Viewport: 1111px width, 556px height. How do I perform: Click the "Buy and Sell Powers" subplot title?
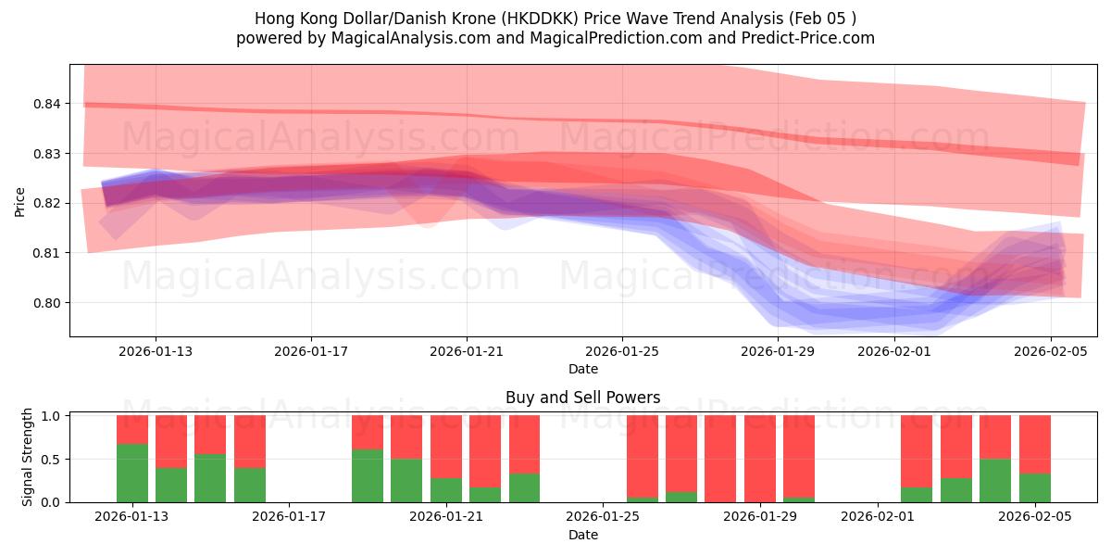click(582, 398)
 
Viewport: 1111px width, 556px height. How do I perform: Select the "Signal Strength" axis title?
click(28, 457)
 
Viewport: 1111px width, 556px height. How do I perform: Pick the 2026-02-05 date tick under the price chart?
click(1050, 351)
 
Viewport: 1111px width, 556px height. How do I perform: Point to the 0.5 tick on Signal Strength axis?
click(52, 459)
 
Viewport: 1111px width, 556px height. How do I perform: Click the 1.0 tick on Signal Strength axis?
click(52, 416)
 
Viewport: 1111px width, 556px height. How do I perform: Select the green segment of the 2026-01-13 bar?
click(132, 473)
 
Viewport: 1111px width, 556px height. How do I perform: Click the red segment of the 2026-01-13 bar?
click(132, 429)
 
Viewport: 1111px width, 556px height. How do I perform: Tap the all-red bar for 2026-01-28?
click(720, 459)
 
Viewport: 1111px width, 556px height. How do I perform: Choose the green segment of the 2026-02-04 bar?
click(995, 480)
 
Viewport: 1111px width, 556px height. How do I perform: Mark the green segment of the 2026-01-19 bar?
click(368, 475)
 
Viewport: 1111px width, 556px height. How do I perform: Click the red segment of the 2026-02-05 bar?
click(1034, 444)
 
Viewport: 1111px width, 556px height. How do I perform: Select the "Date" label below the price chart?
click(582, 369)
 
